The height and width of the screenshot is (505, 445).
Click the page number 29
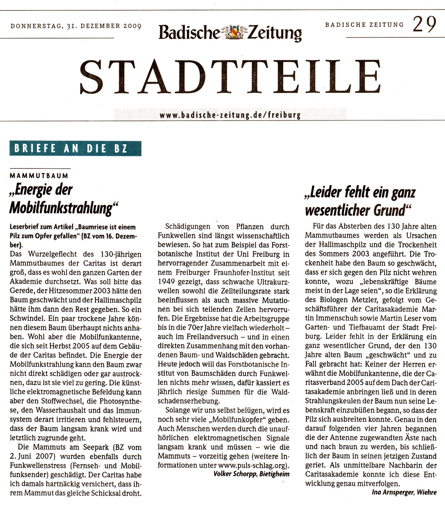coord(425,24)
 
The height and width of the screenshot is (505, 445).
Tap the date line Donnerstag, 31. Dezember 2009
coord(76,26)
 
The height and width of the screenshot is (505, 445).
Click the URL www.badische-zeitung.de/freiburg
coord(230,115)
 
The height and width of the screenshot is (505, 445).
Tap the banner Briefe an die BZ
coord(75,148)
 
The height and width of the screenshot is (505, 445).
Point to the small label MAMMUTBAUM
coord(39,176)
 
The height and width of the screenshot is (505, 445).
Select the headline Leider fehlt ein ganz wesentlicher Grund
coord(360,201)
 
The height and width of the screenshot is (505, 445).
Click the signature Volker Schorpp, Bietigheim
coord(251,474)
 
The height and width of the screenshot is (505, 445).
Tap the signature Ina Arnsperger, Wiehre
coord(404,492)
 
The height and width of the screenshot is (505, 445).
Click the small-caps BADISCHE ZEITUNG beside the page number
coord(364,25)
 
